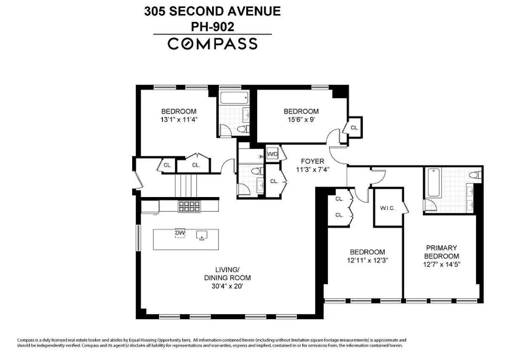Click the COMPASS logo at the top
(x=213, y=44)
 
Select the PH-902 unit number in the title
(x=213, y=27)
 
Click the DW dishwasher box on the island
(x=180, y=233)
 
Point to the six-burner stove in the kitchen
(x=189, y=206)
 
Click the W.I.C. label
(x=387, y=208)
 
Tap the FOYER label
(x=312, y=161)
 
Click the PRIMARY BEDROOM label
(x=441, y=252)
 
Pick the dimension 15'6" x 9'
(x=301, y=119)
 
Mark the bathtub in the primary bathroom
(x=433, y=182)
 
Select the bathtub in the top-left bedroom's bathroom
(x=234, y=99)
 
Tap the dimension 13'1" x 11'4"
(x=179, y=119)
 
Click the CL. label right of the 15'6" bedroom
(x=354, y=128)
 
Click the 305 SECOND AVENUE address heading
(x=213, y=11)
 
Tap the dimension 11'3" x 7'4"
(x=312, y=170)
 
